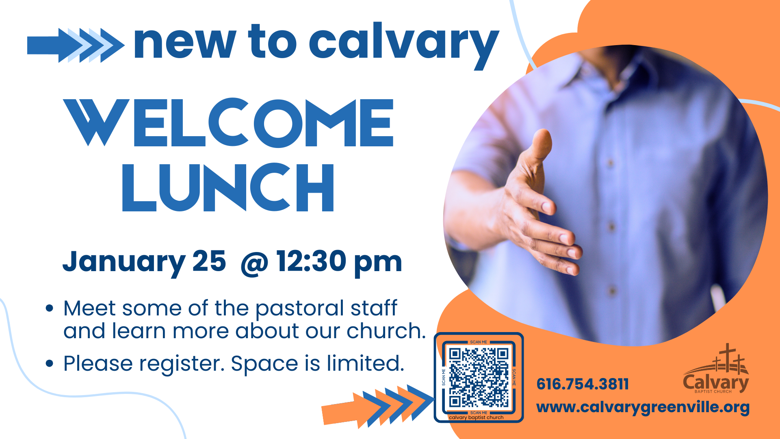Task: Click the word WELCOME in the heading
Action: coord(229,122)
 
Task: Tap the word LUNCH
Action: coord(228,187)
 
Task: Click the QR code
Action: coord(479,378)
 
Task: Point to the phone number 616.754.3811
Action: coord(583,384)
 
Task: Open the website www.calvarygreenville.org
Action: coord(643,408)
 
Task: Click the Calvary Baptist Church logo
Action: coord(716,369)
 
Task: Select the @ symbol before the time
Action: coord(254,264)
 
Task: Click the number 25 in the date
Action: coord(209,261)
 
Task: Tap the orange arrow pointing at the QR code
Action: coord(378,406)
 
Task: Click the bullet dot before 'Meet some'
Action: coord(50,309)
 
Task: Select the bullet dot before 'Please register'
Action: coord(50,363)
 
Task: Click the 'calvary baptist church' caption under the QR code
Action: coord(476,417)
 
